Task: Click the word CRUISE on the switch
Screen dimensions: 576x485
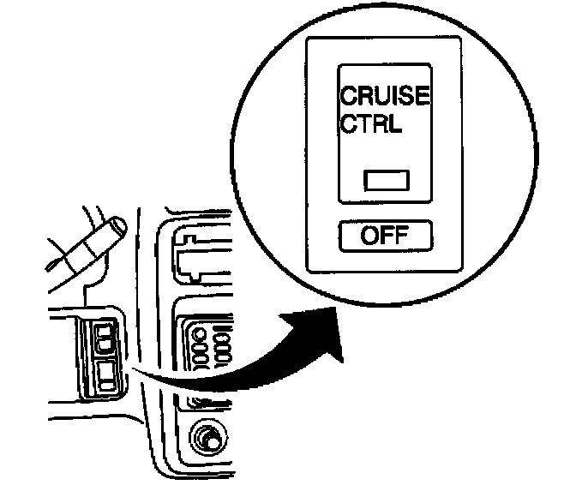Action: (x=385, y=96)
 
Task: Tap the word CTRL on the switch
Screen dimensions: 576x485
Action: (x=373, y=124)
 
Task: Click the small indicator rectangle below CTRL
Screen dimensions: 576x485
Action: (x=387, y=181)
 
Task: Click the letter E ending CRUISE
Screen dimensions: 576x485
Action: (x=422, y=96)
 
